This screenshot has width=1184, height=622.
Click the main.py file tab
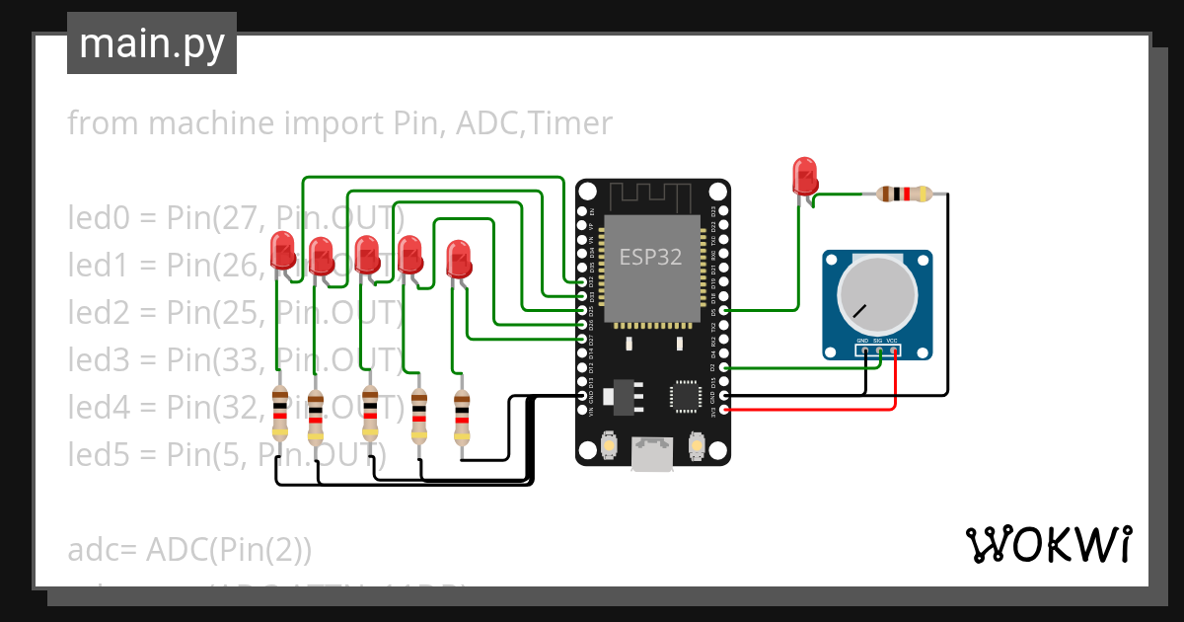click(151, 43)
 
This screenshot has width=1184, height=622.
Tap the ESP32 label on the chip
click(650, 258)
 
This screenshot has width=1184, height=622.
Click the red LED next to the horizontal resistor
click(805, 177)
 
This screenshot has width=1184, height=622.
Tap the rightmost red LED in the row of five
click(459, 260)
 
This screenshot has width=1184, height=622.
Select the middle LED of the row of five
click(366, 256)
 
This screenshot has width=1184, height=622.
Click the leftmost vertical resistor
click(280, 414)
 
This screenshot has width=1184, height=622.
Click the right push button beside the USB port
click(697, 446)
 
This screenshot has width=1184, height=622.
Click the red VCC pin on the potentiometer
click(895, 350)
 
